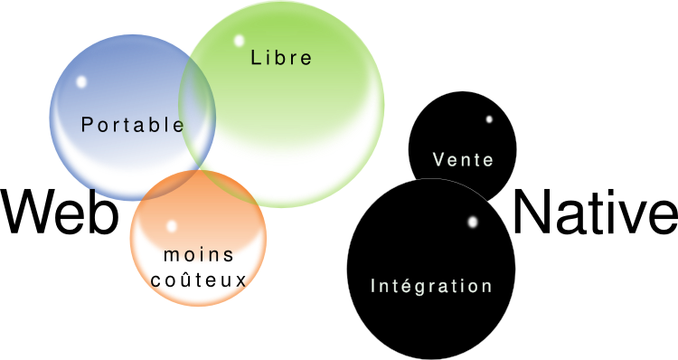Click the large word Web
pos(59,213)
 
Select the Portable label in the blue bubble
pos(132,126)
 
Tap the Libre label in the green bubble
pos(281,59)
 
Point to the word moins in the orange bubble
pos(199,255)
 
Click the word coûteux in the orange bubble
pos(199,279)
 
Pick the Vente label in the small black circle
pos(463,160)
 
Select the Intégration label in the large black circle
pos(431,286)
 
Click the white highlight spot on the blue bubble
pos(81,81)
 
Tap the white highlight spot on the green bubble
pos(239,41)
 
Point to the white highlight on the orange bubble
pos(171,225)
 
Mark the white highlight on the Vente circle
pos(489,118)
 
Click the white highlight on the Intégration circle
pos(473,222)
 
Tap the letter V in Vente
pos(438,160)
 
